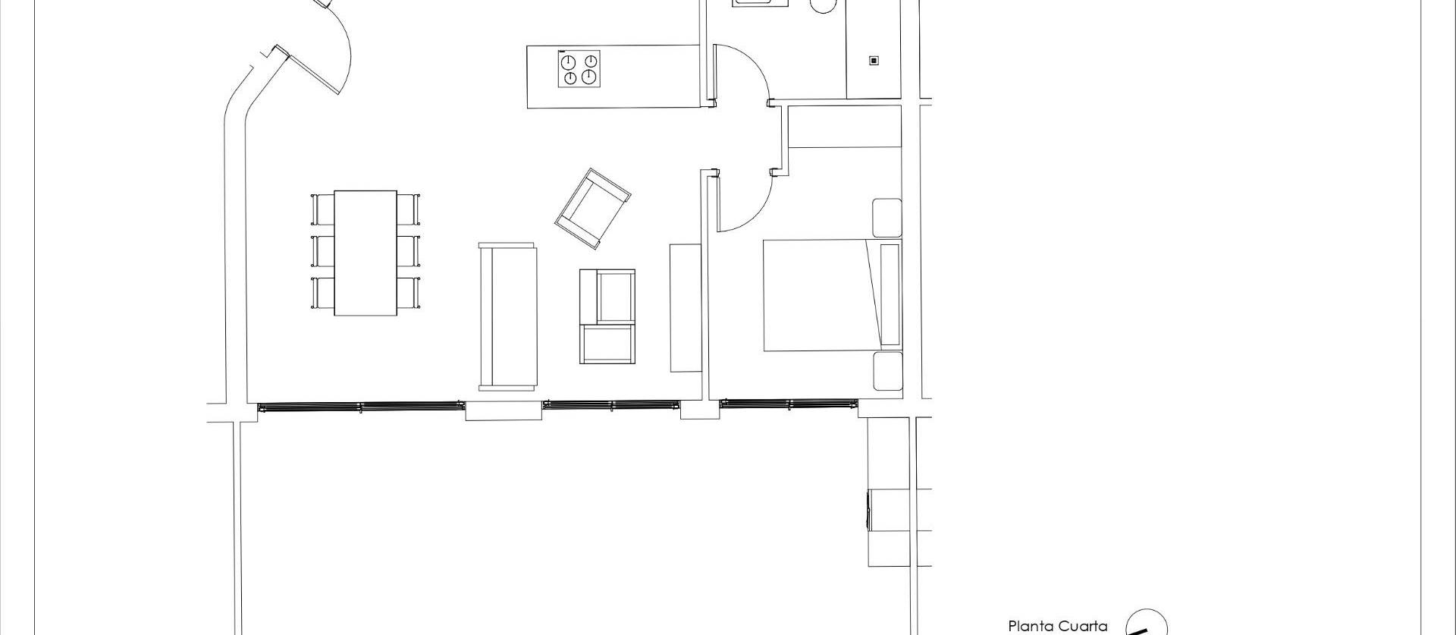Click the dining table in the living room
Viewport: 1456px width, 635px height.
click(366, 253)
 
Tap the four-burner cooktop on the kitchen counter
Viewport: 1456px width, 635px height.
click(579, 69)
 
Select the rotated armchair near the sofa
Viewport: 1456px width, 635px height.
click(592, 209)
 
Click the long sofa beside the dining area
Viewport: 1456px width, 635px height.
click(507, 316)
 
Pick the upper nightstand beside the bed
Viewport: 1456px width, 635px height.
click(886, 218)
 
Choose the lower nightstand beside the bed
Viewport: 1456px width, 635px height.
click(886, 371)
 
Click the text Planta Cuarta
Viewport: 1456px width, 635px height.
click(1057, 626)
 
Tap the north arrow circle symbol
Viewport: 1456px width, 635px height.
click(1146, 624)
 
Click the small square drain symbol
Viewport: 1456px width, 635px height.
click(874, 61)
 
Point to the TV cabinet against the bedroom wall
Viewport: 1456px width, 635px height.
click(686, 307)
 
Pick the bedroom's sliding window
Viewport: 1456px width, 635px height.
click(788, 404)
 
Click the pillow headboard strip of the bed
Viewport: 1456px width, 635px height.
click(890, 294)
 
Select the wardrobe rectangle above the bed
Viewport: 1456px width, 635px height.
click(845, 127)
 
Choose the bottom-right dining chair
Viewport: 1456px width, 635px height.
click(409, 293)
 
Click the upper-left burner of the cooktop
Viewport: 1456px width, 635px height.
click(569, 61)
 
